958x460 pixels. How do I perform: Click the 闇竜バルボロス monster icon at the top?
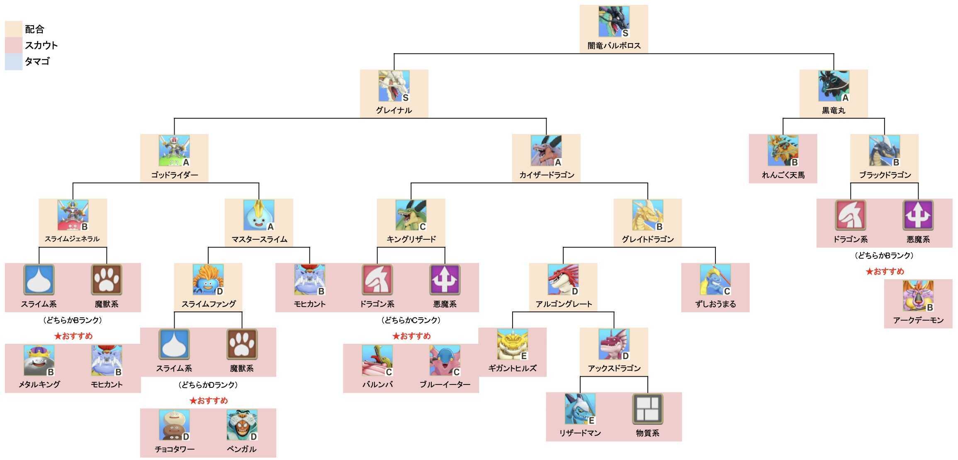pos(614,22)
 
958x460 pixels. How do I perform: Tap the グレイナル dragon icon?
pos(394,86)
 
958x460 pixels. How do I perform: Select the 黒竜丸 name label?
pos(834,110)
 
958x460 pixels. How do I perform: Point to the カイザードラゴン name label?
pos(547,175)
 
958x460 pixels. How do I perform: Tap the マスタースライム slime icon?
pos(259,215)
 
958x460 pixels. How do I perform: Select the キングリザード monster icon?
pos(411,215)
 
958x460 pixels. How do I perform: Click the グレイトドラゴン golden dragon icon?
pos(648,215)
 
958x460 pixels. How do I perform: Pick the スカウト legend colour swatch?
pos(13,45)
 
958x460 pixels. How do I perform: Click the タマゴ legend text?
pos(37,61)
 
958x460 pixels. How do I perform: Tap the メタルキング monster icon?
pos(39,360)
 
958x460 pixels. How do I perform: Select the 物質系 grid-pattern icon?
pos(648,409)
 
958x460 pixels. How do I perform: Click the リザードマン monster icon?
pos(580,409)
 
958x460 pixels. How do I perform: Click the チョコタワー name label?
pos(175,449)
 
